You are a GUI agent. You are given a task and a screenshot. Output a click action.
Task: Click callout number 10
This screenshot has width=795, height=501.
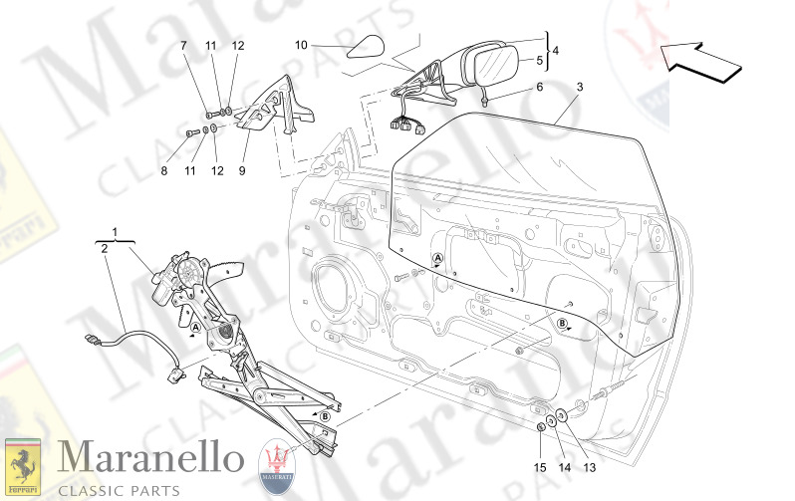click(x=302, y=45)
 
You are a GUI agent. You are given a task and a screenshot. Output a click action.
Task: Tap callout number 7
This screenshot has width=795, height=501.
click(x=184, y=47)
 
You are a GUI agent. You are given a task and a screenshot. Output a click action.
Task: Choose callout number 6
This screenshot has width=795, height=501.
click(x=540, y=87)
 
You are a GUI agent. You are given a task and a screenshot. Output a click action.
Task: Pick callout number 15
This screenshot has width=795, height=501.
click(x=539, y=467)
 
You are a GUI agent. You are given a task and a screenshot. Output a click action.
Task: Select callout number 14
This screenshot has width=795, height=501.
click(x=563, y=467)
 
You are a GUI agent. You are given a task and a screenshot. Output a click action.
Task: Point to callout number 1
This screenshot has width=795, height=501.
click(x=117, y=232)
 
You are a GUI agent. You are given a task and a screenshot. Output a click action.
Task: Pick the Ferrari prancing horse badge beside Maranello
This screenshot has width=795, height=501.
click(x=24, y=464)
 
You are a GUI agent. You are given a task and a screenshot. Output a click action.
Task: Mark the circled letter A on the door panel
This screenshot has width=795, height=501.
click(x=437, y=259)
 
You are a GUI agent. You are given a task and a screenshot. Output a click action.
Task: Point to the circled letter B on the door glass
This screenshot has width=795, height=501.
click(x=562, y=324)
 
